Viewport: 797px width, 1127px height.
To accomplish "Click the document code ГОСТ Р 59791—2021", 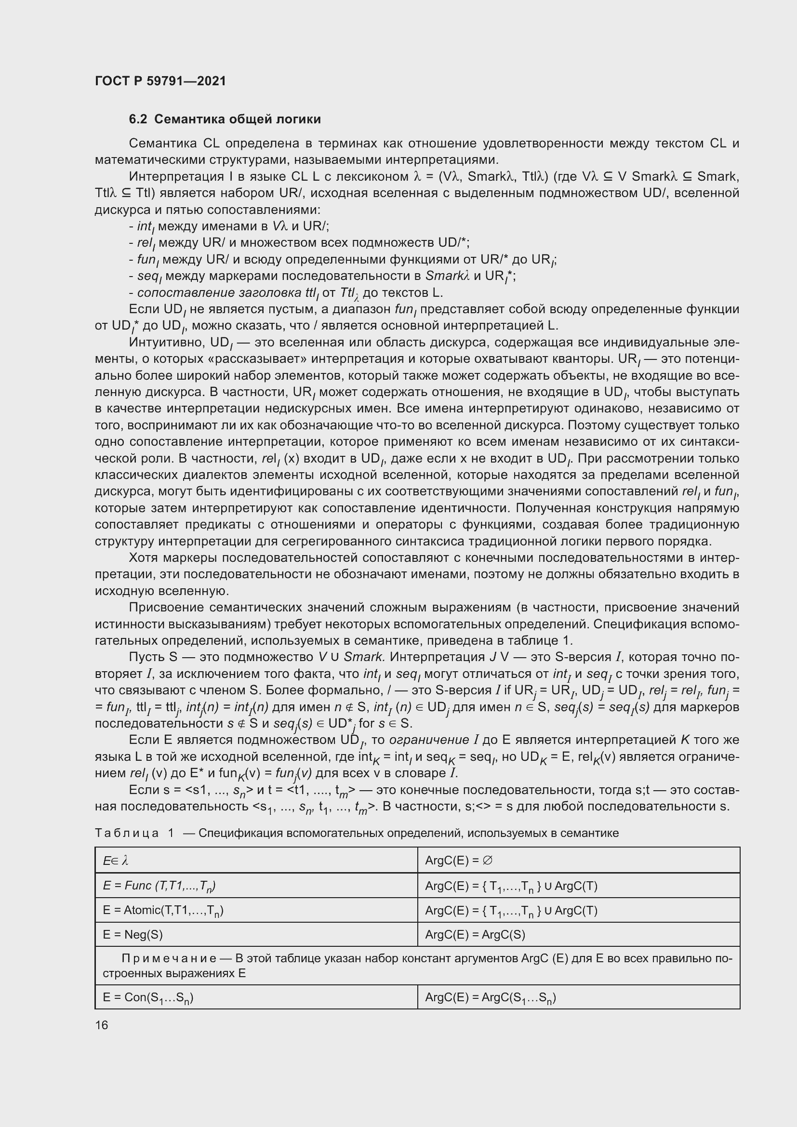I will click(160, 81).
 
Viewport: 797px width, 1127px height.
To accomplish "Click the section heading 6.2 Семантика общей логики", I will click(225, 119).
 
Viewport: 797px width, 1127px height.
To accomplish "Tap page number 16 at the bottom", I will click(102, 1025).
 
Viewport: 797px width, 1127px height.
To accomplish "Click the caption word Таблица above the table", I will click(127, 833).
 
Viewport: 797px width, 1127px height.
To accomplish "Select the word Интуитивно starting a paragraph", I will click(166, 342).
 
